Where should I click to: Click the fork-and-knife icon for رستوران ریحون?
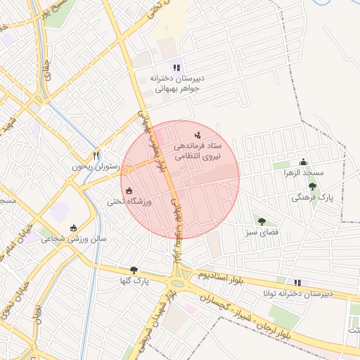(x=96, y=155)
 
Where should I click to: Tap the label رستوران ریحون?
(x=96, y=168)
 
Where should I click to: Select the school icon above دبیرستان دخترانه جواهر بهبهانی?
(x=176, y=68)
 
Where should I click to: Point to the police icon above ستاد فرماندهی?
(x=197, y=134)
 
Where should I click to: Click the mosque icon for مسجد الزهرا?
(x=304, y=162)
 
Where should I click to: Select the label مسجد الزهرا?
(x=303, y=173)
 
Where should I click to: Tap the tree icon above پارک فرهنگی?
(x=312, y=187)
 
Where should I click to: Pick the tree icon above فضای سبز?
(x=262, y=221)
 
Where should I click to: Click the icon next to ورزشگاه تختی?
(x=128, y=190)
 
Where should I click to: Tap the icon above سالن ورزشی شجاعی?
(x=75, y=227)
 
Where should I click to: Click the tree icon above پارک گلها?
(x=134, y=269)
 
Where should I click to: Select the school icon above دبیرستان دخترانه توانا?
(x=297, y=282)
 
